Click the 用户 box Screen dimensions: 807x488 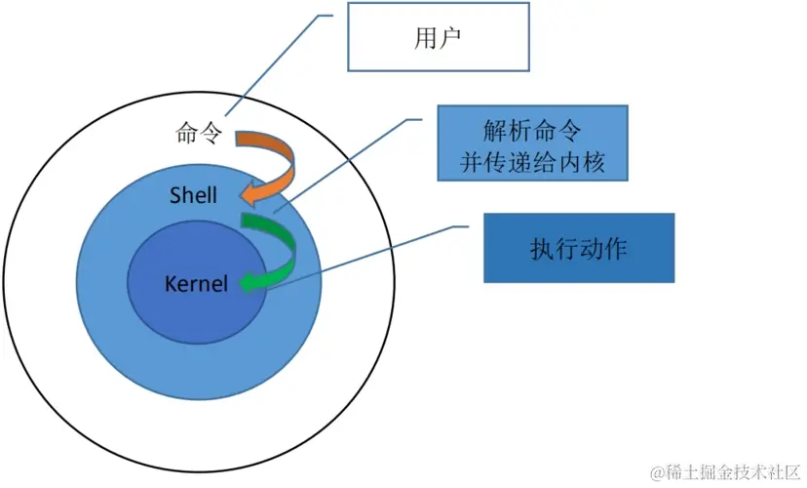click(x=439, y=36)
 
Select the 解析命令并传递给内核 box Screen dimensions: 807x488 click(x=533, y=143)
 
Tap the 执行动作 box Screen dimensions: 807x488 click(x=579, y=248)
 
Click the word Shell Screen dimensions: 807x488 click(x=194, y=195)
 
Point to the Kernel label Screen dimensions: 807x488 click(x=196, y=284)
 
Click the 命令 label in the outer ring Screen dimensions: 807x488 click(x=199, y=133)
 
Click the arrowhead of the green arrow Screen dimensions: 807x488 click(x=250, y=282)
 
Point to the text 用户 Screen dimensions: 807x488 click(x=438, y=38)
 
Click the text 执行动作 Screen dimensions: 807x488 click(x=579, y=249)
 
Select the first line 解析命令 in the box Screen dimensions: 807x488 click(x=532, y=131)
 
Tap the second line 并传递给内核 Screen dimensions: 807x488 click(x=532, y=162)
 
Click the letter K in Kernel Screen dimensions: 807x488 click(x=171, y=284)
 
